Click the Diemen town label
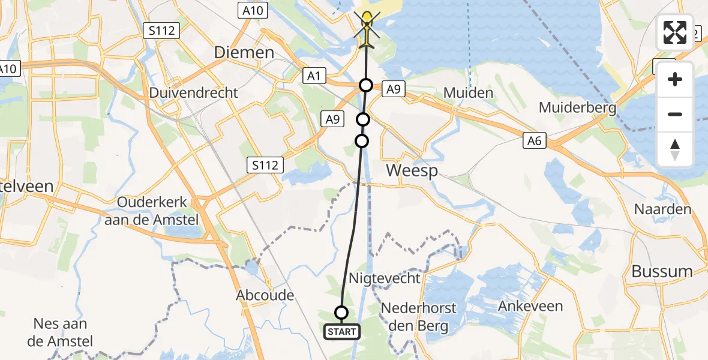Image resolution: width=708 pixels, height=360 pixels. click(x=244, y=53)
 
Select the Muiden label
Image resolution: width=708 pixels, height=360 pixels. click(x=468, y=93)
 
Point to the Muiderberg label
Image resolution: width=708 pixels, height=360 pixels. click(x=578, y=108)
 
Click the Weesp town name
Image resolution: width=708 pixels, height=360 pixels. click(x=412, y=170)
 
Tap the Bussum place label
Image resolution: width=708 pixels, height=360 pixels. click(x=662, y=271)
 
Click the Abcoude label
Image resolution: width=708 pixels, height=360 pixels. click(x=265, y=295)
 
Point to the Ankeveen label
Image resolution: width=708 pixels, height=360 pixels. click(x=531, y=307)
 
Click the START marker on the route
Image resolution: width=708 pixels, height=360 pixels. click(x=342, y=331)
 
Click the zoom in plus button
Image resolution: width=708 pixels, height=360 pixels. click(x=675, y=79)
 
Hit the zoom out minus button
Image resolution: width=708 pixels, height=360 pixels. click(x=675, y=114)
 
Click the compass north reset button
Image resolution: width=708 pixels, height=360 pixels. click(x=675, y=149)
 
